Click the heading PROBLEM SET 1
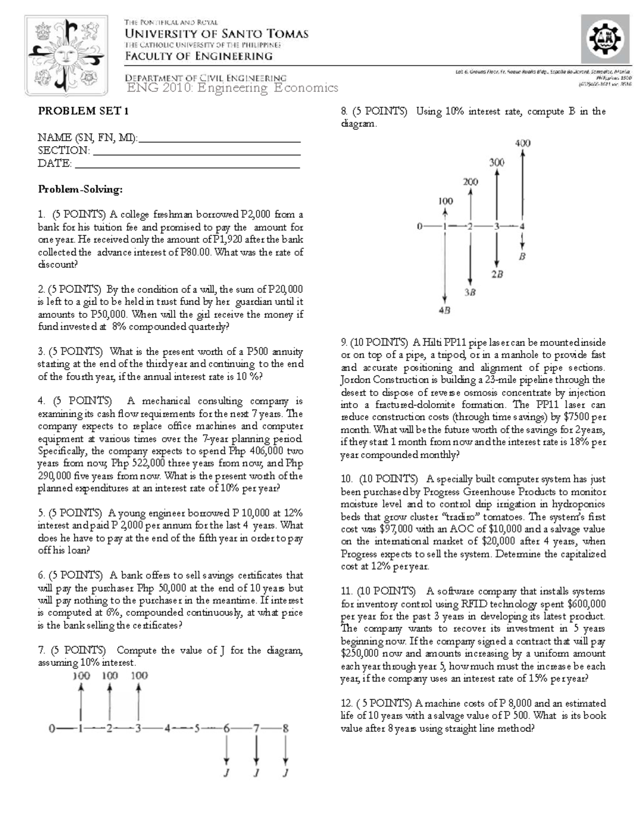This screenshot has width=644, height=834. point(83,111)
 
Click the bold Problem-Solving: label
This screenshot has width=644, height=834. point(80,189)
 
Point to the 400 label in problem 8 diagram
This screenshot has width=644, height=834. point(522,143)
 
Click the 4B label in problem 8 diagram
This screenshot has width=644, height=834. point(444,310)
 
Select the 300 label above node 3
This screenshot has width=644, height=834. point(496,162)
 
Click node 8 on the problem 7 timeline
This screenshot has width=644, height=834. point(286,729)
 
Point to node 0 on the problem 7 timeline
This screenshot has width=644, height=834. point(52,729)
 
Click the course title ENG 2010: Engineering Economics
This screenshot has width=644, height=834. point(232,88)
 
